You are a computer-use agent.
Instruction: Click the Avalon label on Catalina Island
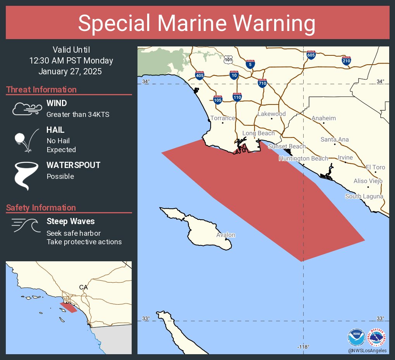pos(226,235)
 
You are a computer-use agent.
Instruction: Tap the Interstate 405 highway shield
pos(200,75)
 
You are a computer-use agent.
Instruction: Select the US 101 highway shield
pos(228,60)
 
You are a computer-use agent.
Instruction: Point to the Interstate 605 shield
pos(311,55)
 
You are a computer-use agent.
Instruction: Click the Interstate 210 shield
pos(347,60)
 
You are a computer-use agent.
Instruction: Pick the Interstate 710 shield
pos(263,83)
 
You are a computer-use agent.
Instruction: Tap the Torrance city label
pos(223,118)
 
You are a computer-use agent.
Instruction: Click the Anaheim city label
pos(324,118)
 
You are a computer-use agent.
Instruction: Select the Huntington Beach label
pos(303,158)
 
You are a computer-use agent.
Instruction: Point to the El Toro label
pos(376,167)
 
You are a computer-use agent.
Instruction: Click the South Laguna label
pos(364,196)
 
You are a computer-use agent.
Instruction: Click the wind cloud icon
pos(26,109)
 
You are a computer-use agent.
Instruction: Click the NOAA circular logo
pos(356,337)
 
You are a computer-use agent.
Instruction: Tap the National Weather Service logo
pos(378,337)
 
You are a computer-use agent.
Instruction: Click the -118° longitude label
pos(303,347)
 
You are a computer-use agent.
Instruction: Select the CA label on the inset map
pos(83,287)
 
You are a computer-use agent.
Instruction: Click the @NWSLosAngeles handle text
pos(367,350)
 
